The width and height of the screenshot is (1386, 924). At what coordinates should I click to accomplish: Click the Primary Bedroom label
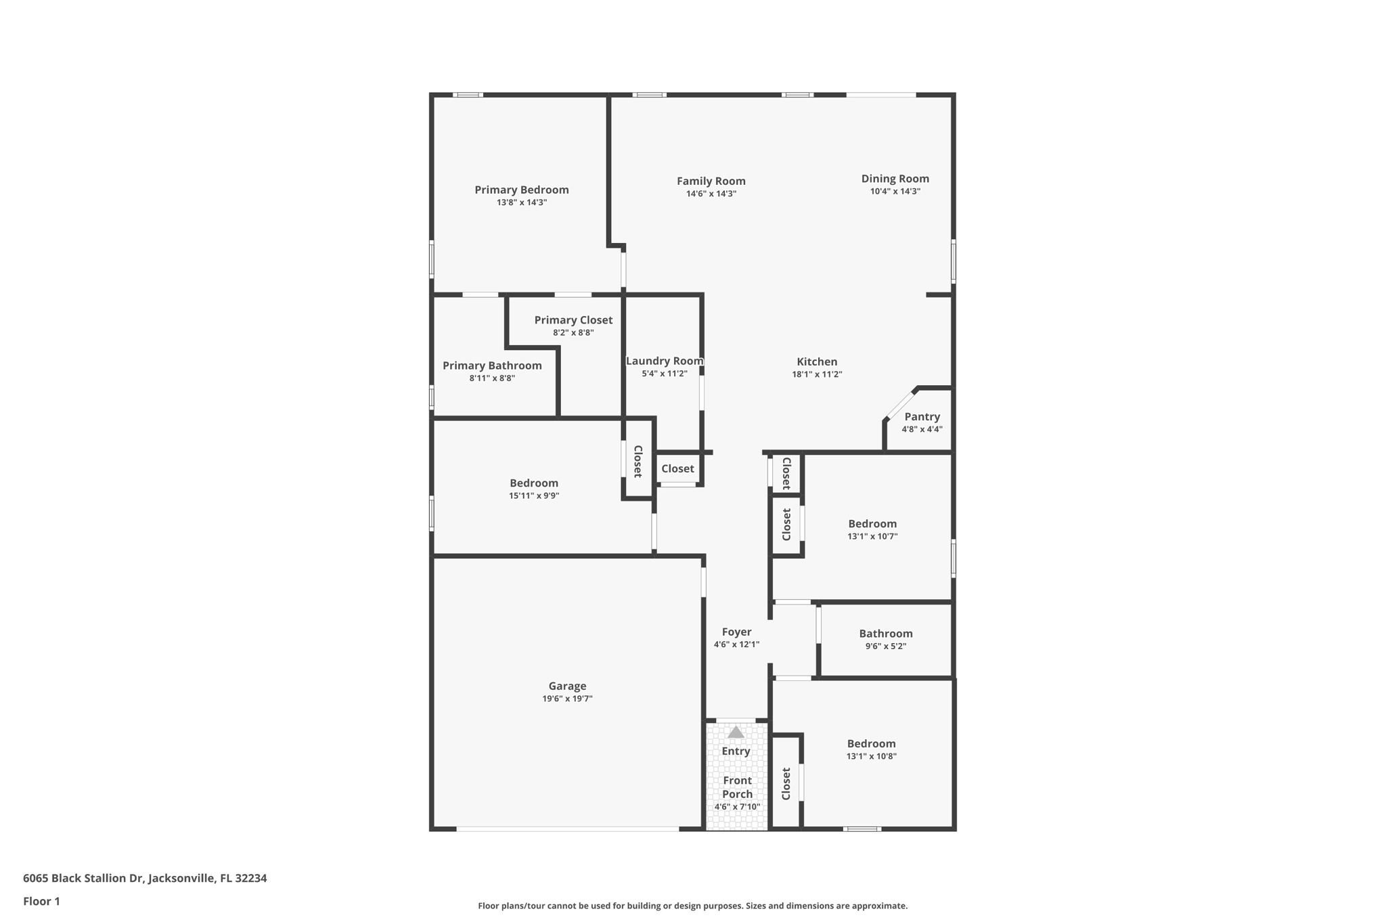pos(521,190)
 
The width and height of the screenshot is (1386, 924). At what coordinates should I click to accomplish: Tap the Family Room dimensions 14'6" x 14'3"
pos(711,194)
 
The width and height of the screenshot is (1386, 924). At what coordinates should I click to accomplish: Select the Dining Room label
pos(895,179)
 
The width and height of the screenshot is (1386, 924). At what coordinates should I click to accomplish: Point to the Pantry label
pos(922,417)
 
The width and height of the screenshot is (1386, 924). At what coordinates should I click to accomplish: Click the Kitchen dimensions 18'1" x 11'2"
pos(817,374)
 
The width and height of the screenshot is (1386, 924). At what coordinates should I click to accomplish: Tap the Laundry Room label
pos(664,361)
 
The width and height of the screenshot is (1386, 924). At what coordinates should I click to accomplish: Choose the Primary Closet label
pos(573,320)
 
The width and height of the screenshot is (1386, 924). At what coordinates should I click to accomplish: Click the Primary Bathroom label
pos(492,366)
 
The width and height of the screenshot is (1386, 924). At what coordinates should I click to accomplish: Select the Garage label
pos(567,686)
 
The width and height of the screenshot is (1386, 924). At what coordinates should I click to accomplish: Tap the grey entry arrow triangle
pos(736,732)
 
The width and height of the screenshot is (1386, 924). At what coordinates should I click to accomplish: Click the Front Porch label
pos(737,787)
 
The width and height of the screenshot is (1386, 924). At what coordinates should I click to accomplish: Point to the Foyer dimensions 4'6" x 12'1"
pos(736,644)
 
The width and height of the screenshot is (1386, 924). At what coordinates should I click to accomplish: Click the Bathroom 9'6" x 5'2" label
pos(885,634)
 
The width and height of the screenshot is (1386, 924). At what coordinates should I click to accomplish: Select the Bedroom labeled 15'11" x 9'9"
pos(534,483)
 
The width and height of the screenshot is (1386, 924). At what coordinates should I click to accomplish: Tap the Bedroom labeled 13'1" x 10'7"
pos(872,524)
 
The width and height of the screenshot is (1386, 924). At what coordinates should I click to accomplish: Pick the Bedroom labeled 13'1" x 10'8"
pos(871,744)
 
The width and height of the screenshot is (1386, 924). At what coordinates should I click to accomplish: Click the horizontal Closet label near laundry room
pos(677,468)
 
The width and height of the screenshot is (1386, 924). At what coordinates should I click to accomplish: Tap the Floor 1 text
pos(41,901)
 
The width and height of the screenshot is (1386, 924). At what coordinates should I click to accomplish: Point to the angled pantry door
pos(900,404)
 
